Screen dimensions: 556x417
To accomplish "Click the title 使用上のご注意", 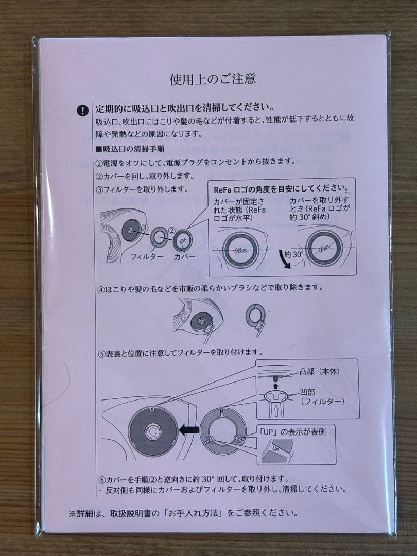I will point(213,79).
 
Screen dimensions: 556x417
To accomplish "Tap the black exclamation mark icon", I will point(83,110).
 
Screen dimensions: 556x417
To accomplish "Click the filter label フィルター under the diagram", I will point(147,256).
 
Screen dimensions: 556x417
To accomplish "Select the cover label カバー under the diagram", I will point(184,256).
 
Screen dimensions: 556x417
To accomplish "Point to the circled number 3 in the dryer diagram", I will point(146,227).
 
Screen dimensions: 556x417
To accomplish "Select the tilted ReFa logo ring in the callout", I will point(323,247).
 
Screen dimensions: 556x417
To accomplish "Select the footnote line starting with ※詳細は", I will point(183,513).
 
